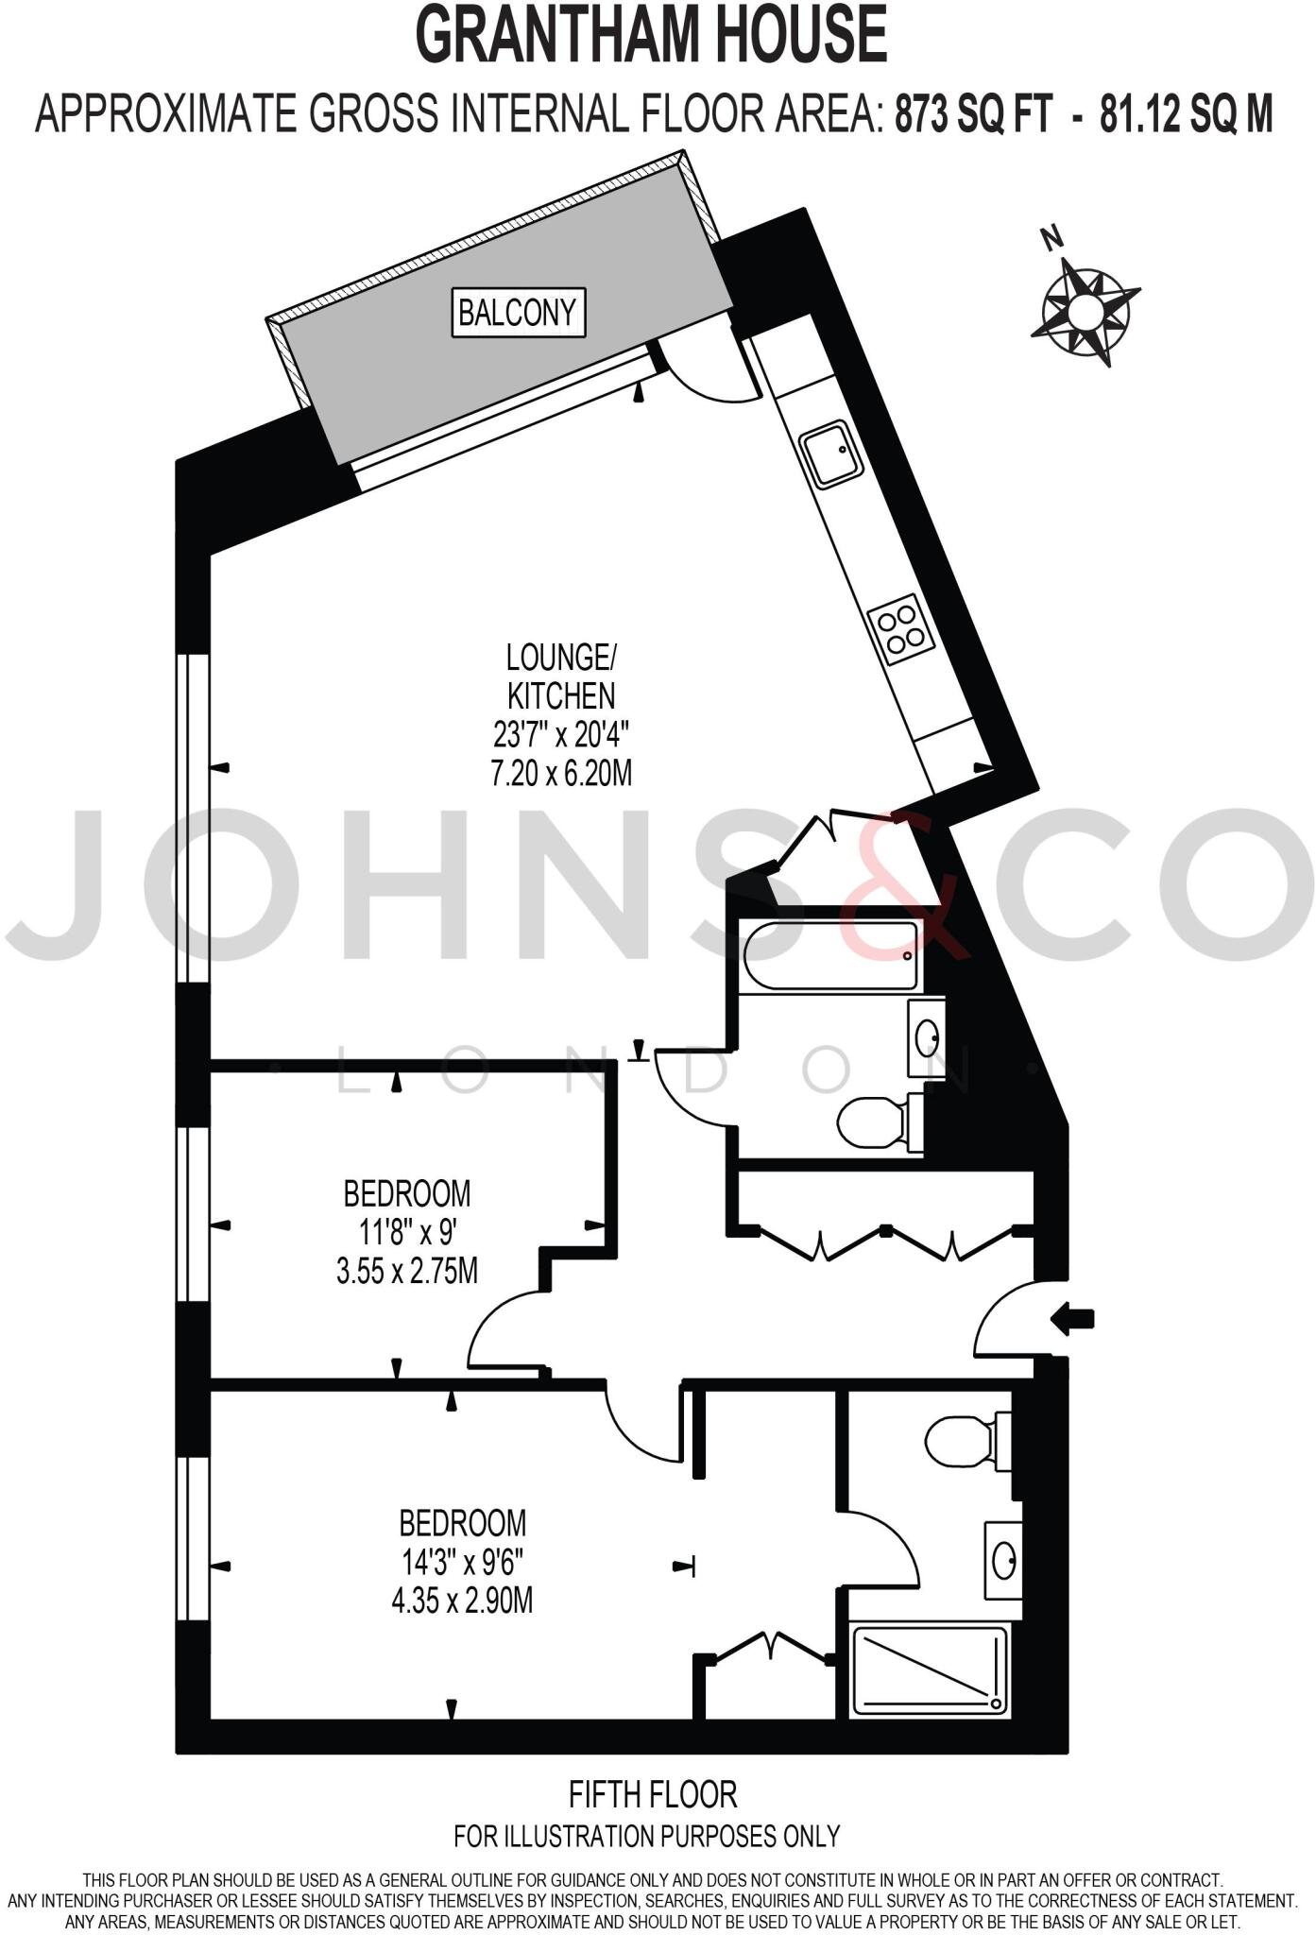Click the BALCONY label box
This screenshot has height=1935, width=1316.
click(x=518, y=312)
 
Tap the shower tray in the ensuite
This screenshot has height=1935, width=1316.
click(x=930, y=1671)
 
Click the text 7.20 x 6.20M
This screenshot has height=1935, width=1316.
click(x=561, y=774)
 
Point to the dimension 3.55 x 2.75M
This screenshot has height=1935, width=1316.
click(x=406, y=1271)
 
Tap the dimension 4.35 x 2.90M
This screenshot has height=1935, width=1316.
click(x=462, y=1601)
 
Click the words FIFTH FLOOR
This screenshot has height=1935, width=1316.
click(x=652, y=1792)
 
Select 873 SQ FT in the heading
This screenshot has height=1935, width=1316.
click(x=973, y=115)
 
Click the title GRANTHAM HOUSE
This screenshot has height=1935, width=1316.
click(x=652, y=36)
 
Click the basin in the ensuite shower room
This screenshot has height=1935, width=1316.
click(x=1003, y=1560)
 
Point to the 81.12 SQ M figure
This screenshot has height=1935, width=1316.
click(x=1185, y=115)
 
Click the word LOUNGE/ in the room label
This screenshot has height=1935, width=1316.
click(x=561, y=656)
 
